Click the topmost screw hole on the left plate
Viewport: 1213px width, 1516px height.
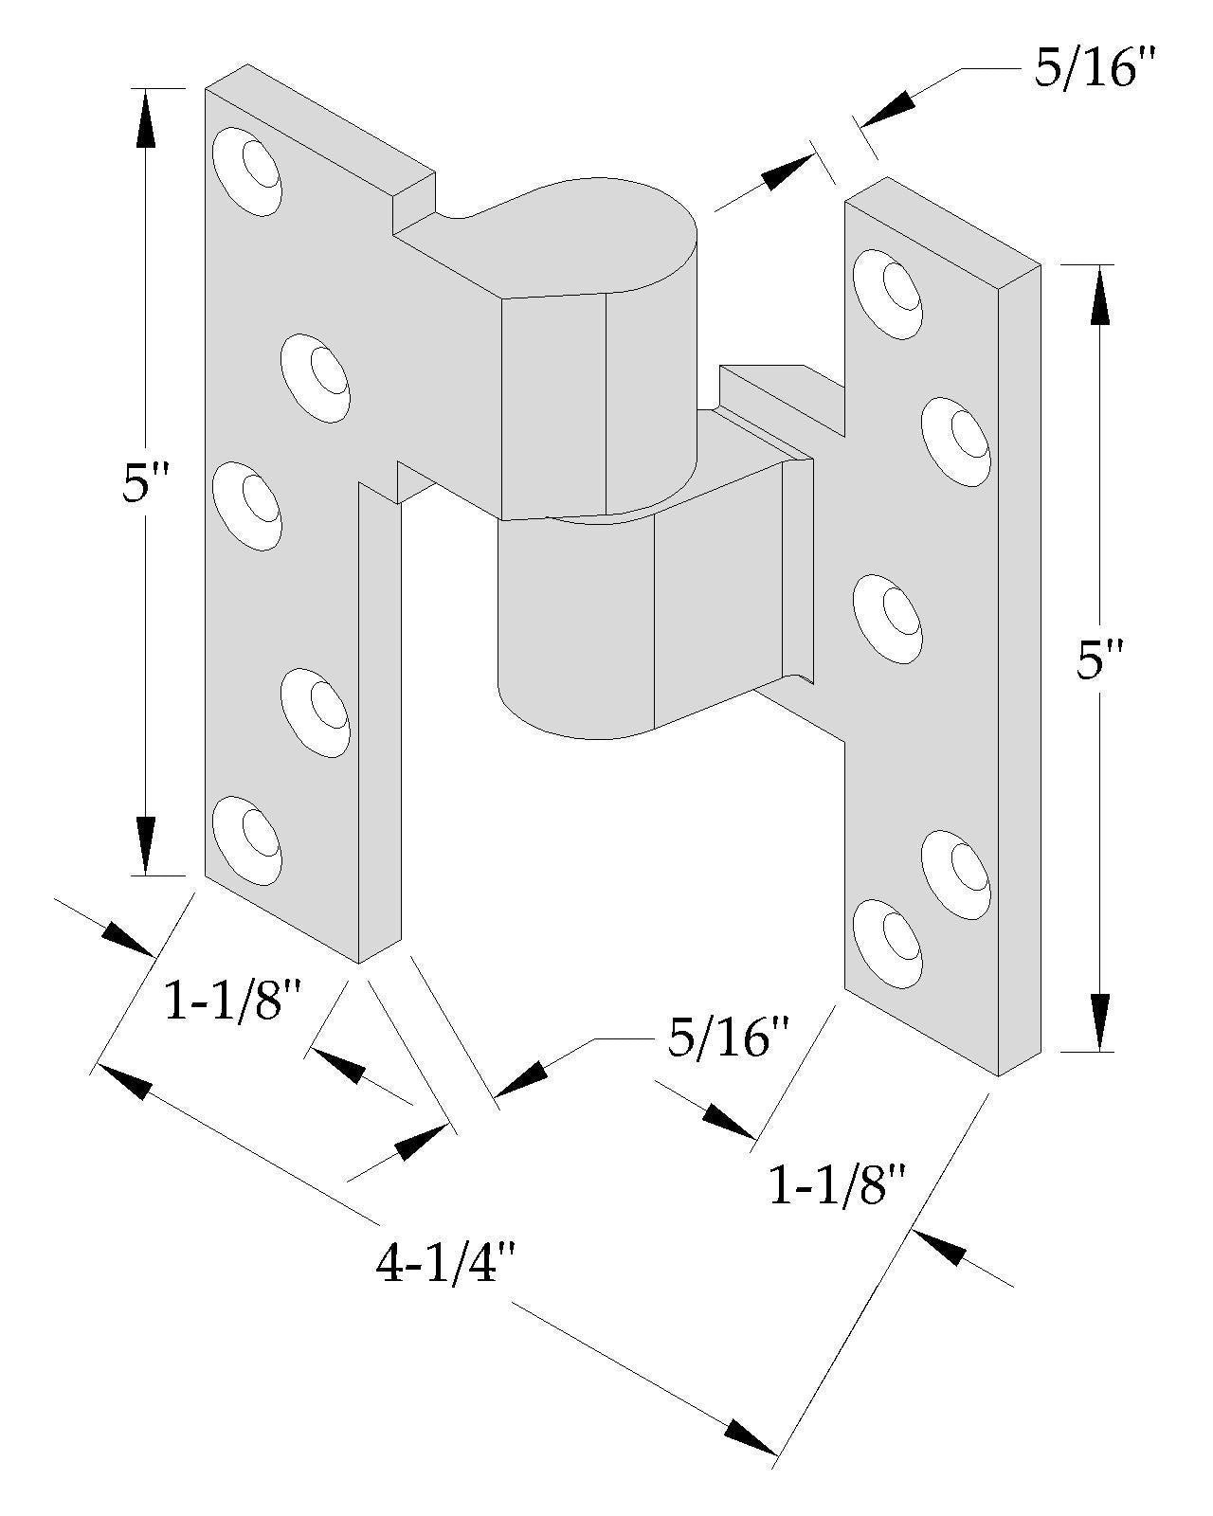click(x=247, y=171)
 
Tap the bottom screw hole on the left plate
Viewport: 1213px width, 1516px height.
click(x=247, y=840)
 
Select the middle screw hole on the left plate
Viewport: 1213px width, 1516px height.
click(x=247, y=505)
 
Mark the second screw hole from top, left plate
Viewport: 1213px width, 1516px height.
click(x=317, y=377)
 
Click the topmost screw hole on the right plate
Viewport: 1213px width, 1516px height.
click(x=888, y=293)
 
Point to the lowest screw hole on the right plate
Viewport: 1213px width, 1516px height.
click(x=888, y=943)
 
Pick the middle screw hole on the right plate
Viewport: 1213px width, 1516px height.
click(x=888, y=619)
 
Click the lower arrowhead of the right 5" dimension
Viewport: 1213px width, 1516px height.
click(x=1100, y=1019)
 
